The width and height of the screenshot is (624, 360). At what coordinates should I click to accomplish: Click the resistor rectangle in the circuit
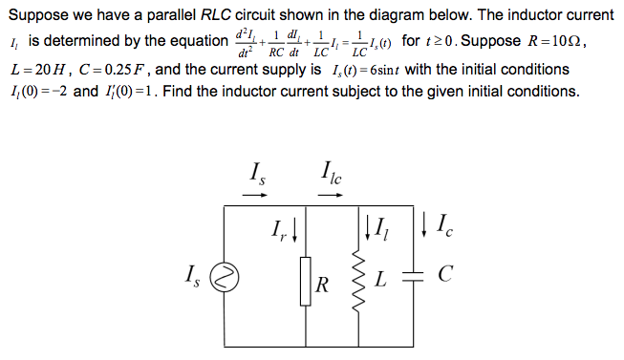click(x=306, y=284)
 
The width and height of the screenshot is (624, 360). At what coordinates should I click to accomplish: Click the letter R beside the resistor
click(x=323, y=284)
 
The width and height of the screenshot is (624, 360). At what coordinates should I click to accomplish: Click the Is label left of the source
click(x=192, y=279)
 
